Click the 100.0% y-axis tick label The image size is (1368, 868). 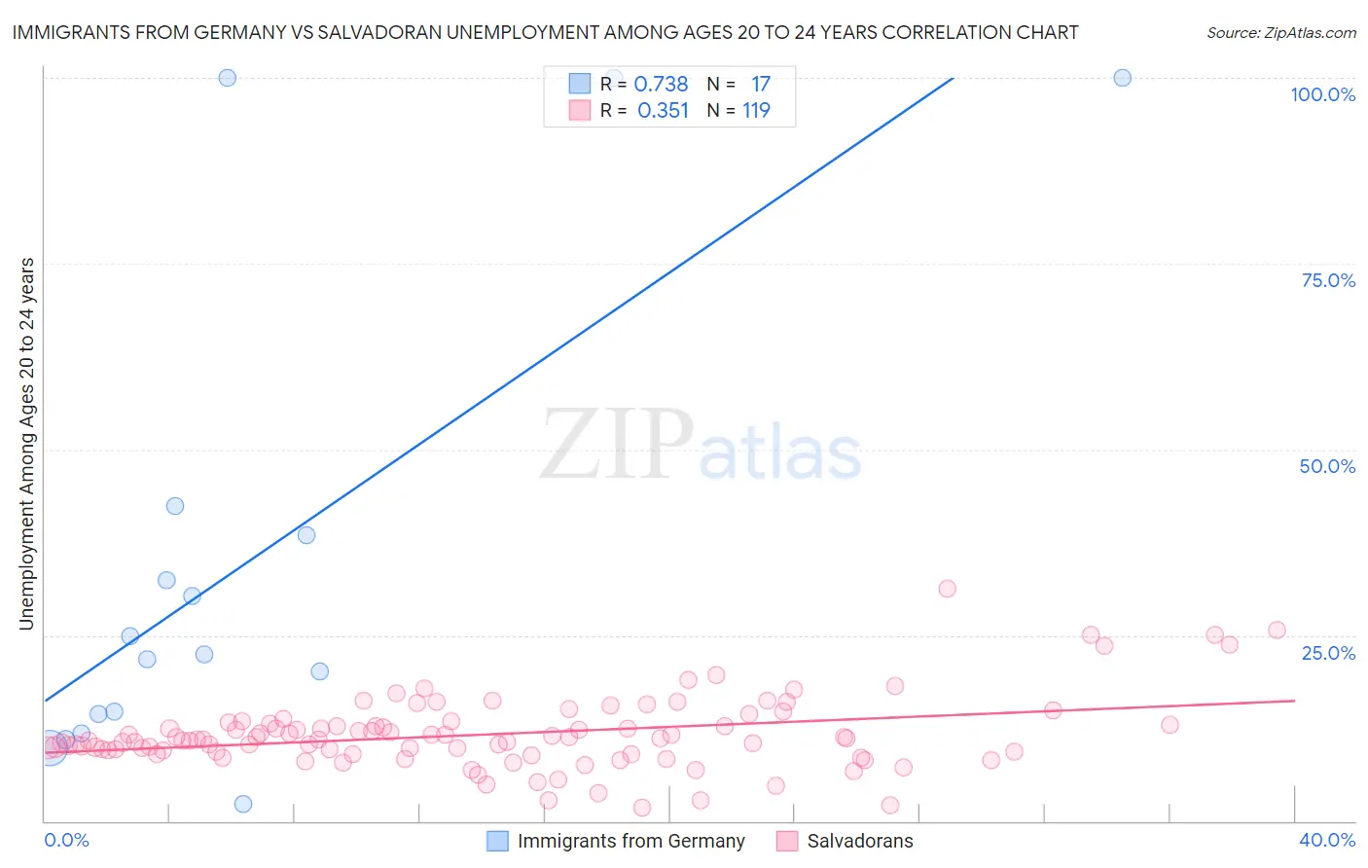click(1322, 94)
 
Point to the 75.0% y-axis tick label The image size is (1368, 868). click(1328, 280)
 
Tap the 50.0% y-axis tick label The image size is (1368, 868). click(1327, 466)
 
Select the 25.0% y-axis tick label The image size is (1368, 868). click(1328, 653)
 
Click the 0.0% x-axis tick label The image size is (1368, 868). click(66, 840)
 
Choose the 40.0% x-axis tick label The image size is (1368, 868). click(1326, 840)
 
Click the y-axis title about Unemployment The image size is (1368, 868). click(26, 443)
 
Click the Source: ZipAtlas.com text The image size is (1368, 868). click(1280, 32)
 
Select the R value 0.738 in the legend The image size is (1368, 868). click(661, 85)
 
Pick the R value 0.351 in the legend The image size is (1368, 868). click(663, 111)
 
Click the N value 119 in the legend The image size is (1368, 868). click(756, 111)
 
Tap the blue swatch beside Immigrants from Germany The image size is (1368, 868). click(497, 841)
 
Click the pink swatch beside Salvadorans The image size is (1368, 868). click(787, 841)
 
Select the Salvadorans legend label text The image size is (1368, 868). click(860, 841)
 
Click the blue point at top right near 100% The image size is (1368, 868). click(1122, 78)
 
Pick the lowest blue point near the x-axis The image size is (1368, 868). click(243, 804)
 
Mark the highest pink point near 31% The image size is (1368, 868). click(947, 589)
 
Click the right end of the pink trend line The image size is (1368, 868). click(1294, 701)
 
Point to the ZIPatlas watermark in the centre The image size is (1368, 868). click(701, 446)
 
